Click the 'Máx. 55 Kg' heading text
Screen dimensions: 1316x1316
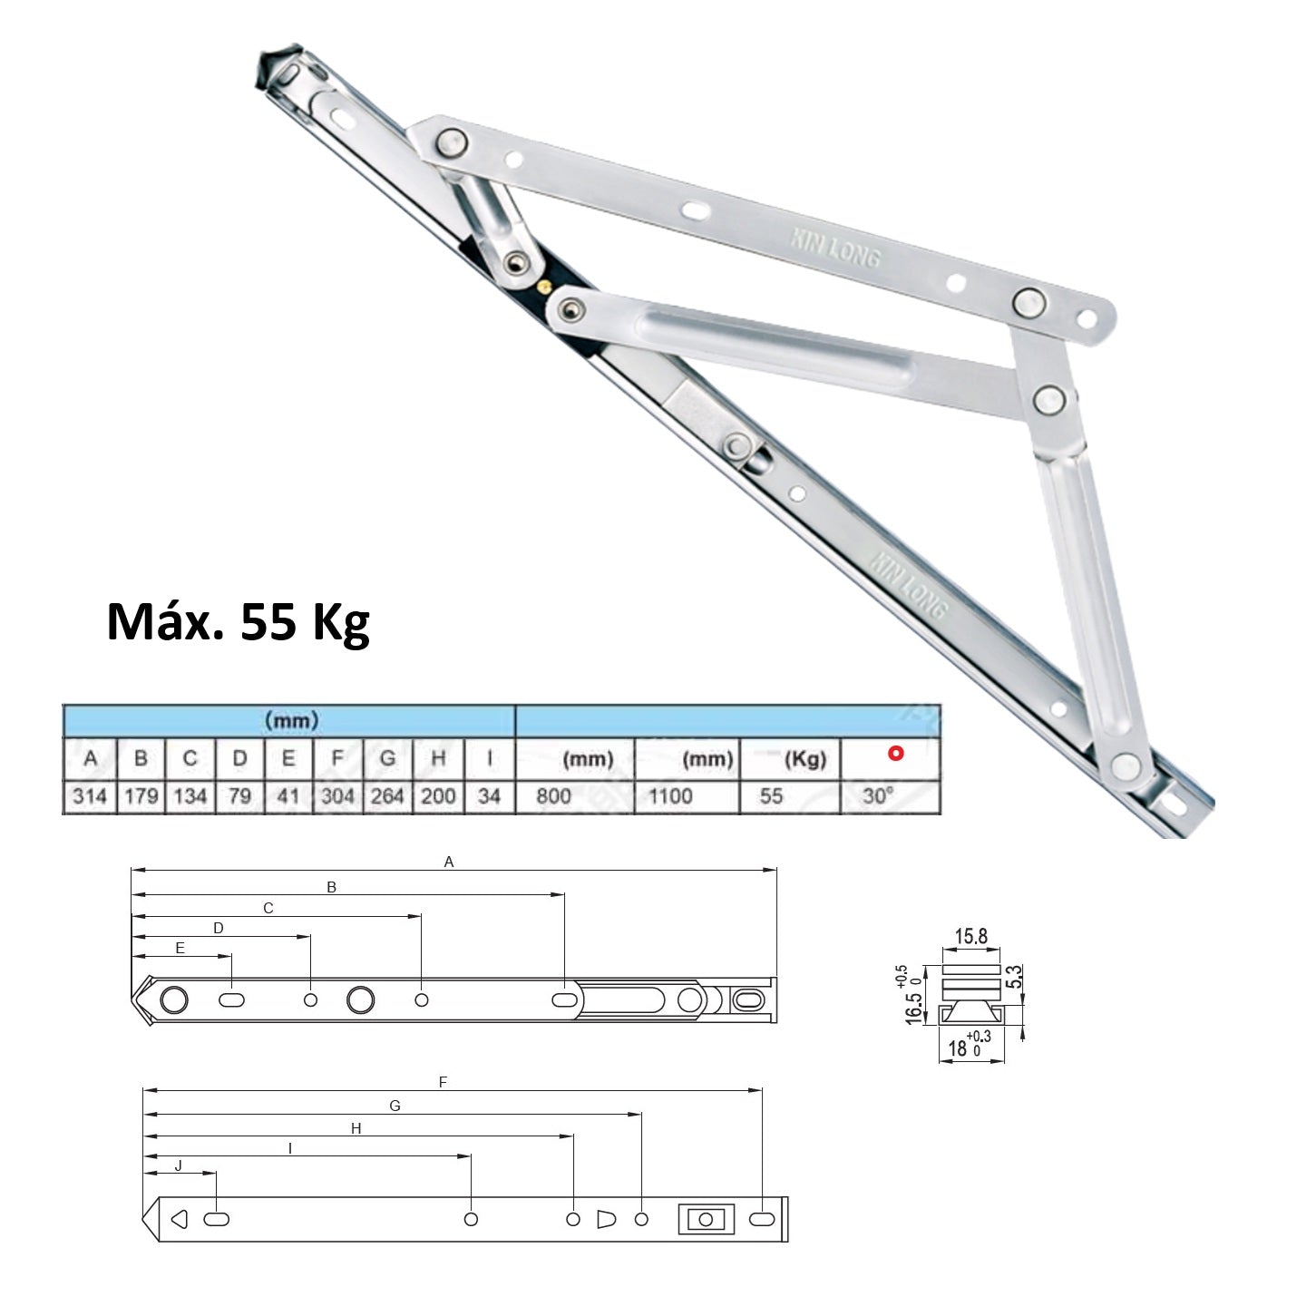coord(238,622)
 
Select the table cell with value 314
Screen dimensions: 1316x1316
coord(90,796)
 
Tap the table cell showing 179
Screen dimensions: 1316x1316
coord(141,796)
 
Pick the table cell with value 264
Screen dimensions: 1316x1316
coord(387,796)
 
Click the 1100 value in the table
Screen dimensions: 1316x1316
coord(670,796)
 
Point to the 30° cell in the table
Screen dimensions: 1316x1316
coord(879,796)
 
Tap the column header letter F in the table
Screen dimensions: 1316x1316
coord(337,758)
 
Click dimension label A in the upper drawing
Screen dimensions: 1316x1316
coord(448,863)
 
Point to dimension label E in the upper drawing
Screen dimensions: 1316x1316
coord(180,948)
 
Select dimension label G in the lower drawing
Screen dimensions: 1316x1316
coord(395,1106)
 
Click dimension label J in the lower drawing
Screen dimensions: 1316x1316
coord(178,1166)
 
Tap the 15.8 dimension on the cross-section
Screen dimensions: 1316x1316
coord(970,937)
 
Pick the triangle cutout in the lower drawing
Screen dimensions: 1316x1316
coord(179,1219)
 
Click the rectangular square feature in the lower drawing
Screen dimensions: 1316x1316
coord(704,1219)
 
